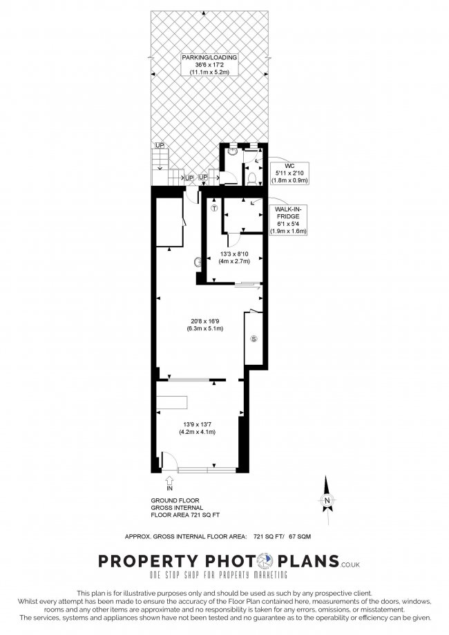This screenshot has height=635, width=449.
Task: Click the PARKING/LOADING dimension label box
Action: point(209,65)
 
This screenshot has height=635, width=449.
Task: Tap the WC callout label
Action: point(289,173)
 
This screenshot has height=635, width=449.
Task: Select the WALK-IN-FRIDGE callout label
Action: point(288,220)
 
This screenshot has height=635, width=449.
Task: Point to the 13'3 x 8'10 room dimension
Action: point(234,258)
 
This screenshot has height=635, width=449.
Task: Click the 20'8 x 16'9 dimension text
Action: point(202,325)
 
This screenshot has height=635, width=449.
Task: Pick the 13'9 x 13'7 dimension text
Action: point(197,428)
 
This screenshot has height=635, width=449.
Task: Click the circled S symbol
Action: point(254,339)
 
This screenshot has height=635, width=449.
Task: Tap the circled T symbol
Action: point(215,209)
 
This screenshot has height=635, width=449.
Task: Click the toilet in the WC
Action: point(251,178)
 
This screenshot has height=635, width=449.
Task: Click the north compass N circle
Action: point(327,500)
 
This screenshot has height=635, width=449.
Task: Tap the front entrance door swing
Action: point(169,460)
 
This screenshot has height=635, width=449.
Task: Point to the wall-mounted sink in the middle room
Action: point(198,263)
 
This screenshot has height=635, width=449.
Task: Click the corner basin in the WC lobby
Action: point(232,151)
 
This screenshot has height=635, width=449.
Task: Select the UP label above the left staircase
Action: point(160,145)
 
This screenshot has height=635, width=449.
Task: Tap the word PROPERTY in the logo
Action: point(149,561)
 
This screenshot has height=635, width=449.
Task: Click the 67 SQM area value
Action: point(300,537)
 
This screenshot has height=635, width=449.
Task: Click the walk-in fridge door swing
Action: point(233,240)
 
